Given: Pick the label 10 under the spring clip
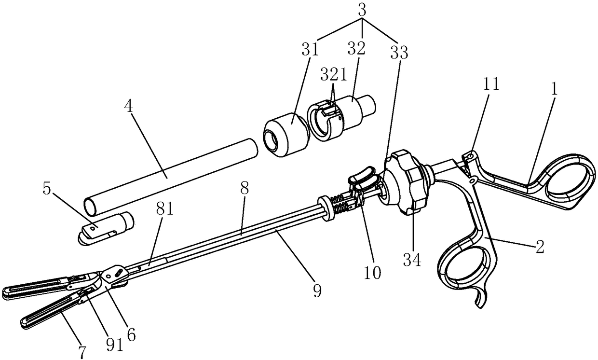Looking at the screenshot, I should click(x=373, y=273).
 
